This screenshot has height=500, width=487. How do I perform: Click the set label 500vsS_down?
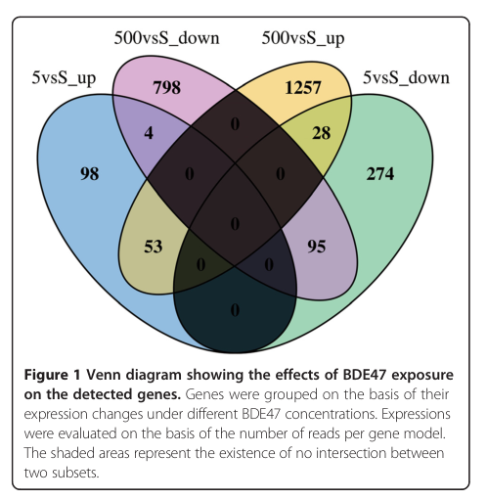point(166,38)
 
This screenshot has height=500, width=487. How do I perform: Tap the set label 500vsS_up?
point(303,38)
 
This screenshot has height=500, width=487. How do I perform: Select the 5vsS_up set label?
point(64,79)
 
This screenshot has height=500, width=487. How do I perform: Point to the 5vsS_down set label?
point(406,78)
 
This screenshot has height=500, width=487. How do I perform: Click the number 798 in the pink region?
point(166,87)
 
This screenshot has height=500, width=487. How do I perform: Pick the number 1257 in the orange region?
point(303,87)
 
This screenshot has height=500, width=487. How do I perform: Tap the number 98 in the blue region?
point(90,173)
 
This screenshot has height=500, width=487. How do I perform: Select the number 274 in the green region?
point(380,173)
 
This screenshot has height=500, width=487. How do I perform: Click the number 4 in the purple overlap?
point(149,133)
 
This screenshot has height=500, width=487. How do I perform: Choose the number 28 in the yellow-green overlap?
point(321,133)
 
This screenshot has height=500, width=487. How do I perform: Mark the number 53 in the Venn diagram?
point(154,247)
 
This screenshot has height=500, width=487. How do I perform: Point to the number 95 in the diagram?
point(317,247)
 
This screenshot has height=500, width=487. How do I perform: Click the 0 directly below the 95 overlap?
point(269,265)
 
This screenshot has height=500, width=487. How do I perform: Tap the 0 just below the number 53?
point(201,265)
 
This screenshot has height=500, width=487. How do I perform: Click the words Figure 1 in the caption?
point(52,375)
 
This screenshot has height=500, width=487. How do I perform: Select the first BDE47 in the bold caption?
point(364,375)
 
